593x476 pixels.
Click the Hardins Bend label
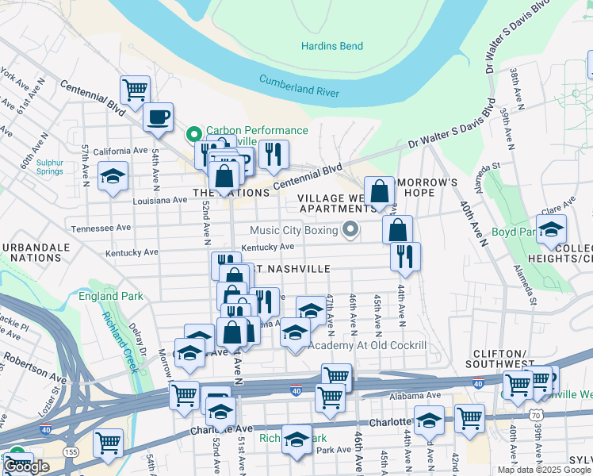[x=331, y=46]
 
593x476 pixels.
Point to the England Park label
[x=111, y=297]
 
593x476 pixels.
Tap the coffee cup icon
[x=157, y=117]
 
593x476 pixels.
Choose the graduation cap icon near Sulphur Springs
[x=113, y=175]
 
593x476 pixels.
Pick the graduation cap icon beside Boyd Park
[x=551, y=229]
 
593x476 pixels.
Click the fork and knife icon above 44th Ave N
[x=405, y=255]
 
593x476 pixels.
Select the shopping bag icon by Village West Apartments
[x=380, y=190]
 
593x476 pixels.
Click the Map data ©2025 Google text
[x=544, y=469]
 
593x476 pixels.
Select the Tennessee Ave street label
[x=101, y=228]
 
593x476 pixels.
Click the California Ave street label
[x=121, y=151]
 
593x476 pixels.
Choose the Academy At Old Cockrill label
[x=367, y=345]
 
